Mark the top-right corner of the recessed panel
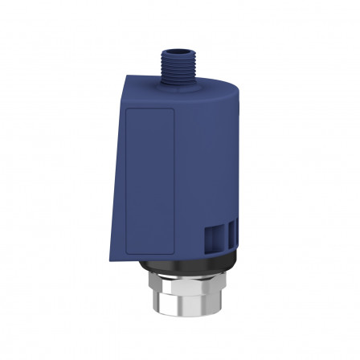coord(176,109)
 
